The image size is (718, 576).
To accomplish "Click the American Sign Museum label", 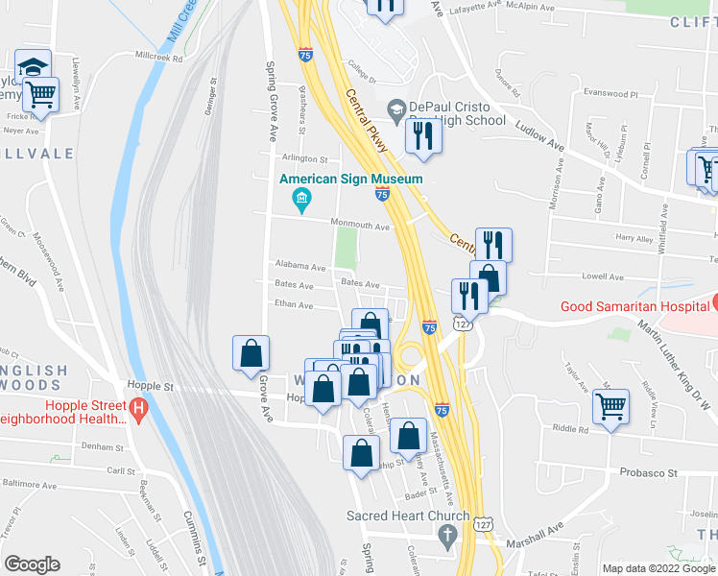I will tap(350, 180).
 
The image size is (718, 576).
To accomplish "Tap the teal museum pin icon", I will tap(300, 199).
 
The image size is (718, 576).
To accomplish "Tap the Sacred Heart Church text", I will tap(408, 516).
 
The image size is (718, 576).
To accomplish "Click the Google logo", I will tap(32, 564).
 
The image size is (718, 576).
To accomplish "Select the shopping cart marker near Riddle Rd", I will tap(610, 406).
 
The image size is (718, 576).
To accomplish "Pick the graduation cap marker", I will tap(33, 66).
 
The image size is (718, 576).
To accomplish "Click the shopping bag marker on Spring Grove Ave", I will tap(251, 351).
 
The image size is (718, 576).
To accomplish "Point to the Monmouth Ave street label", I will tap(360, 227).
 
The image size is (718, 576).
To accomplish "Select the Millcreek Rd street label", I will tap(158, 58).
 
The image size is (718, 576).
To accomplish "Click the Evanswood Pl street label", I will tap(610, 95).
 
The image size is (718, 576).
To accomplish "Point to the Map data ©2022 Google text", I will tap(658, 568).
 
